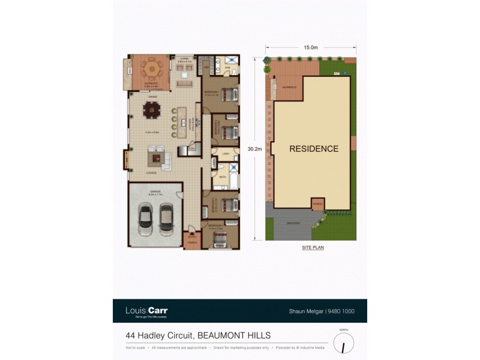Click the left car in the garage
[145, 220]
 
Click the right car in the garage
[166, 220]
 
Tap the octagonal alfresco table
[151, 70]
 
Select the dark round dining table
[152, 110]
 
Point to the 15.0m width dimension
[310, 47]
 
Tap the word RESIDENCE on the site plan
[314, 149]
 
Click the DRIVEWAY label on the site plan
[293, 223]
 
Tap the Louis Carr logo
[146, 311]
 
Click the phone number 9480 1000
[343, 311]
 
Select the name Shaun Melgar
[303, 311]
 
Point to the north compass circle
[343, 343]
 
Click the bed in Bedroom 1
[229, 95]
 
